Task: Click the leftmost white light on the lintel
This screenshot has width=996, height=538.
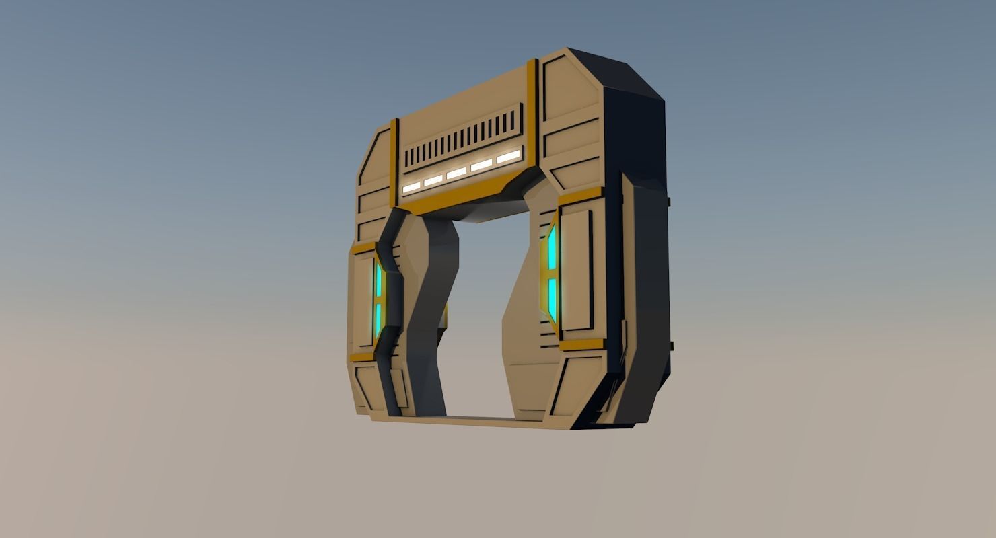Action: click(x=411, y=186)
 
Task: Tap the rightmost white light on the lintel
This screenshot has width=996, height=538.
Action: click(x=508, y=157)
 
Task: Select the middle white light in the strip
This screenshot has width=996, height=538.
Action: click(x=457, y=173)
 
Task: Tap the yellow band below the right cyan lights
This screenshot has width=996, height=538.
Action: click(x=581, y=345)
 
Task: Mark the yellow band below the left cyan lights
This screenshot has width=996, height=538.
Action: click(x=363, y=357)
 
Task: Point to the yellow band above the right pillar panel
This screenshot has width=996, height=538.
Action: click(x=580, y=196)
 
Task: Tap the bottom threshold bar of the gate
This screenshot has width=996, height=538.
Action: click(x=471, y=421)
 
